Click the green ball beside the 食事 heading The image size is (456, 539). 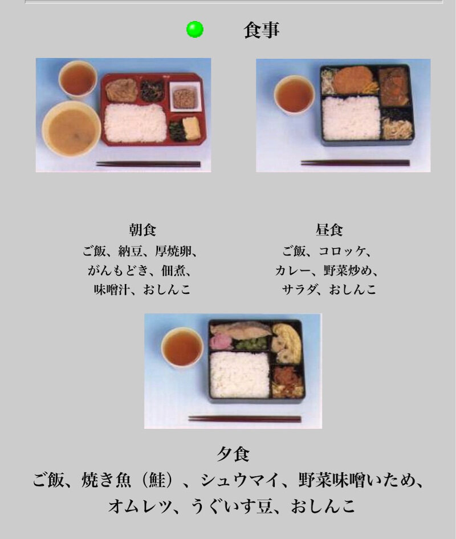point(195,29)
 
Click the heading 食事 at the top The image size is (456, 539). point(262,30)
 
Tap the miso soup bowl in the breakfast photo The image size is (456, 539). point(71,128)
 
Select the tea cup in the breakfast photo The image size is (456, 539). point(78,79)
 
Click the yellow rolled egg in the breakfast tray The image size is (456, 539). point(192,128)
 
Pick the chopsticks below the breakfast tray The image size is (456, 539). point(148,164)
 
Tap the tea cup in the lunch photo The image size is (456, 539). point(295,95)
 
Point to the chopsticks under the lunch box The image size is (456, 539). point(355,163)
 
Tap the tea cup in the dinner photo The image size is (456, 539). point(182,347)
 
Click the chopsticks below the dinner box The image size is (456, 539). point(245,419)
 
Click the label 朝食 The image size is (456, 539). point(142,230)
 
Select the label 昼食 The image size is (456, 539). point(329,230)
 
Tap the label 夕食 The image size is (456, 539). point(233,454)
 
